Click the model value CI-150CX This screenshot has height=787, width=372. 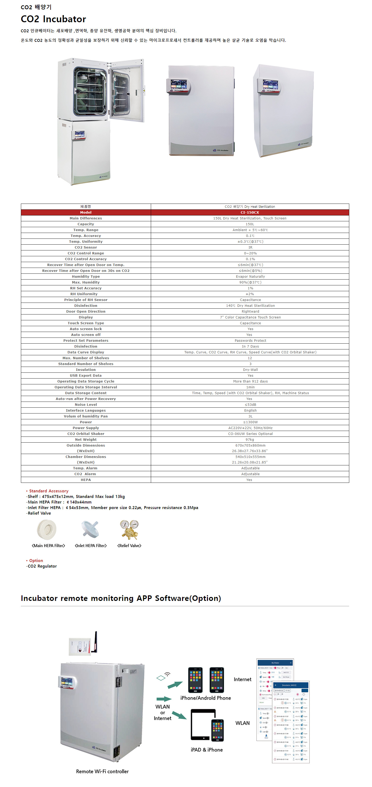[249, 212]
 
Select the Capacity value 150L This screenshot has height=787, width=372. [249, 224]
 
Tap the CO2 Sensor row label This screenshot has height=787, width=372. [85, 248]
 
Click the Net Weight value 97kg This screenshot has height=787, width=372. [249, 440]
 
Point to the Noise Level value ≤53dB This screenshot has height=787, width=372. [250, 404]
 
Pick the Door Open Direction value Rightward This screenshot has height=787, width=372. [250, 311]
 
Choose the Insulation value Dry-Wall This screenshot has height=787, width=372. [250, 370]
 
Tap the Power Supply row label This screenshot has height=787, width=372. [85, 428]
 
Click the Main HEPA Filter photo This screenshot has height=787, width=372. [47, 530]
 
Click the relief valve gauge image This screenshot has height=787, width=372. [129, 529]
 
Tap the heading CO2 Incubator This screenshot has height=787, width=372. [53, 19]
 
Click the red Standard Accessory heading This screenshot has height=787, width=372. [49, 491]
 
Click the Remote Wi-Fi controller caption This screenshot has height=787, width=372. [102, 771]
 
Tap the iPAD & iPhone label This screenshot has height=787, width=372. [206, 750]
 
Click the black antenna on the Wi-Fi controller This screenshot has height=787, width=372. [95, 642]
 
